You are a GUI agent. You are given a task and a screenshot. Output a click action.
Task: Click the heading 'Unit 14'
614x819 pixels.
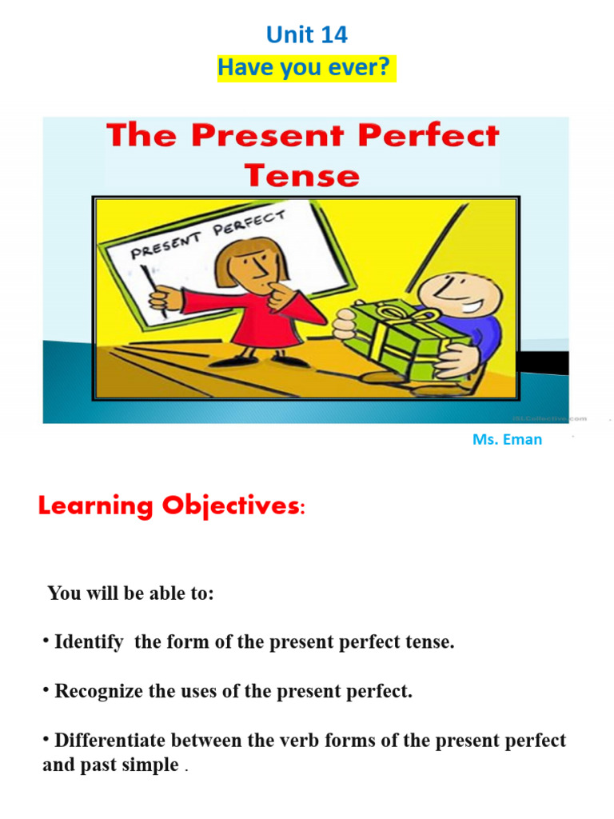coord(307,35)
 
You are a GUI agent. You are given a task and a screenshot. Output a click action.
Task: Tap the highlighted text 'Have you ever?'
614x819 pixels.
coord(305,68)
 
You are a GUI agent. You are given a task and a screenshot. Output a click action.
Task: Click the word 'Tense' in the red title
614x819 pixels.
coord(301,174)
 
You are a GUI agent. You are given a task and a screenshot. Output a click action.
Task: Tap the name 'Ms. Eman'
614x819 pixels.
coord(507,439)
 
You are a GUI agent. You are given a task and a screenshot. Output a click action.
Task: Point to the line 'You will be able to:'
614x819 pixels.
coord(131,593)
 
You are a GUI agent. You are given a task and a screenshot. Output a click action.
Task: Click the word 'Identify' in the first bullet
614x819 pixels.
coord(89,642)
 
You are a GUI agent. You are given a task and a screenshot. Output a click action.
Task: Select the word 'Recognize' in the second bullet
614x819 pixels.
coord(99,691)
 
